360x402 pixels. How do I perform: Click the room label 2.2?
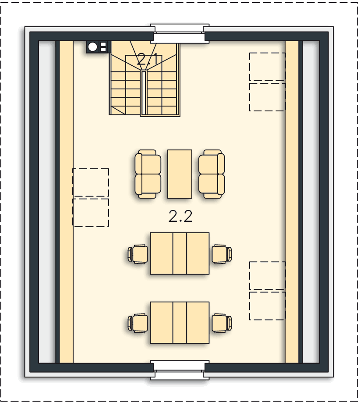point(180,217)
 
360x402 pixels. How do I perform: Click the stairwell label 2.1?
point(147,60)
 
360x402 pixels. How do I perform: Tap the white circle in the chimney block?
point(93,47)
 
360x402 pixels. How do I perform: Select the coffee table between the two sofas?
point(180,174)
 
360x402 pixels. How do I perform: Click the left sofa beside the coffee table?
point(148,174)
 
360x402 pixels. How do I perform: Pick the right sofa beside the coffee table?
point(212,174)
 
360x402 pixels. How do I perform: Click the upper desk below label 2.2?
point(180,253)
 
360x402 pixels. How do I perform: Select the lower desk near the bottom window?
point(180,323)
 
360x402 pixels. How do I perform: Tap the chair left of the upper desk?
point(138,254)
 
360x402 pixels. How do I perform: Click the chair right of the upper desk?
point(222,254)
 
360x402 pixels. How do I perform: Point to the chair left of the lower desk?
point(138,323)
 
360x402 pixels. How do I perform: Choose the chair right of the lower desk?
point(222,323)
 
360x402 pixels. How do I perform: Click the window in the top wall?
point(180,34)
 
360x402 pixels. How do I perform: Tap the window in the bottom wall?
point(180,370)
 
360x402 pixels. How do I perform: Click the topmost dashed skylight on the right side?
point(268,67)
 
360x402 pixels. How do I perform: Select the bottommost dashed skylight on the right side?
point(268,306)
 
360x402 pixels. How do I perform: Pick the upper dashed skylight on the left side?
point(91,182)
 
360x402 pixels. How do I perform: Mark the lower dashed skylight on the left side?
point(91,213)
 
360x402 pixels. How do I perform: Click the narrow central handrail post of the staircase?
point(144,92)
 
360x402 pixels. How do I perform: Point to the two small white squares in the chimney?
point(103,47)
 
